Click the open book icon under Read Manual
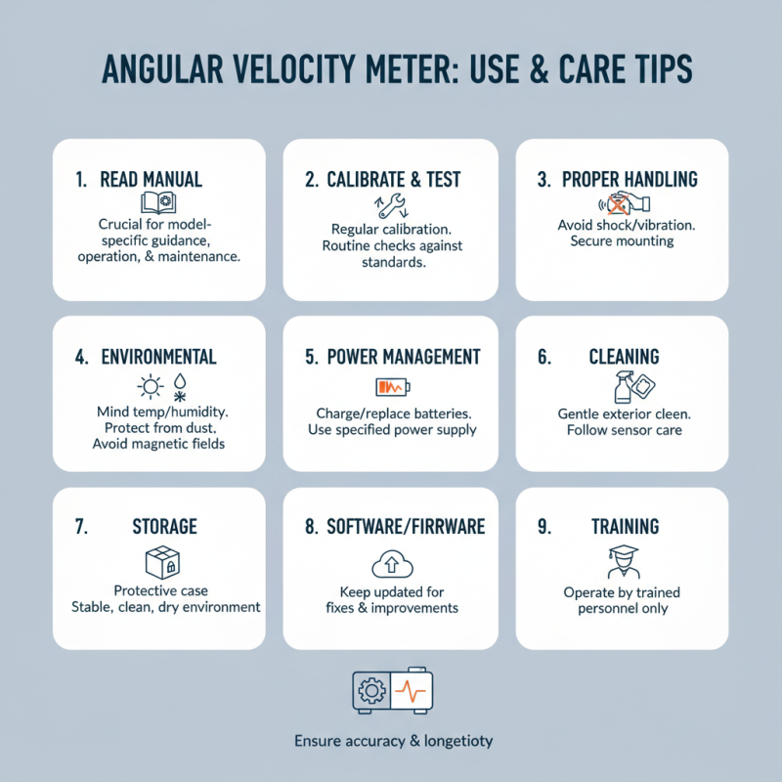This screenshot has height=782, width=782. coord(158,203)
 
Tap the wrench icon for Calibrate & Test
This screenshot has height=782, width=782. coord(392,206)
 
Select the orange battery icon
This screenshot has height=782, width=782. coord(393,387)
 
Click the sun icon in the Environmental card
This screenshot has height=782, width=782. coord(151,386)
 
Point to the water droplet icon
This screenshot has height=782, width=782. coord(180,381)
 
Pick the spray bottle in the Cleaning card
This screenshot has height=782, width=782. coord(624,386)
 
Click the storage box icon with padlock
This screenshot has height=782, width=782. coord(162,562)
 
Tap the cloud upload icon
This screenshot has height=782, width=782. coord(393,564)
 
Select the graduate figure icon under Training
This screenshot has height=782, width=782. coord(624,561)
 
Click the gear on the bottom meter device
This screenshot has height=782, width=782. coord(371,691)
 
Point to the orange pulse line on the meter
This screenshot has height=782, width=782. coord(411,691)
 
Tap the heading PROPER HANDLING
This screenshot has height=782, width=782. coord(630,180)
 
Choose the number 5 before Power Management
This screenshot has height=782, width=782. coord(311,357)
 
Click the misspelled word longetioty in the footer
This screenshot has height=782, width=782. coord(458,742)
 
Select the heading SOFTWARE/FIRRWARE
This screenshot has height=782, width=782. coord(406,527)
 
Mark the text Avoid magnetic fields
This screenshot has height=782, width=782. coord(158,444)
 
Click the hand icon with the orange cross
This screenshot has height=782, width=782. coord(625,203)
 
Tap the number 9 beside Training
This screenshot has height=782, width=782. coord(544,527)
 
